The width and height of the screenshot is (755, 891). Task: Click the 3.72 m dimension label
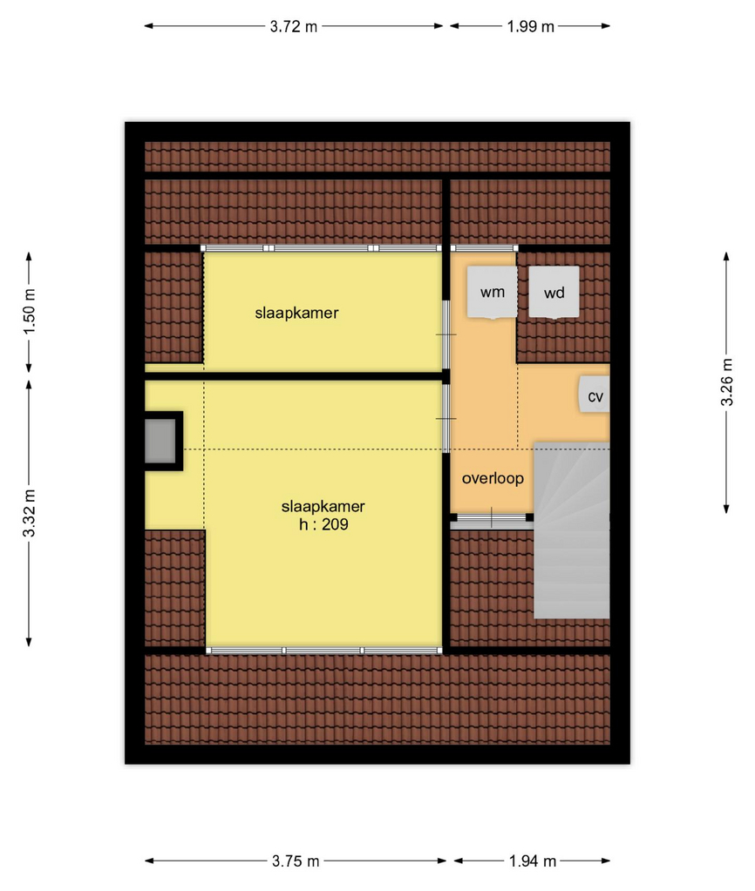pyautogui.click(x=294, y=26)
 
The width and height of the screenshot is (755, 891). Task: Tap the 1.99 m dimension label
pyautogui.click(x=531, y=26)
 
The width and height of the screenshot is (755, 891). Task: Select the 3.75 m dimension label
pyautogui.click(x=296, y=861)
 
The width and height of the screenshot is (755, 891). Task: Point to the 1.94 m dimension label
pyautogui.click(x=533, y=861)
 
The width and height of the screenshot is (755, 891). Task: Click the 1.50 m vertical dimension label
pyautogui.click(x=30, y=312)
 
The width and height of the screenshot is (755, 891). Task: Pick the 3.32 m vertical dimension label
pyautogui.click(x=30, y=513)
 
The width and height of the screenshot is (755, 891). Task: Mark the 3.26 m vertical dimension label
pyautogui.click(x=727, y=382)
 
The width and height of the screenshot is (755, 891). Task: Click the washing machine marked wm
pyautogui.click(x=492, y=292)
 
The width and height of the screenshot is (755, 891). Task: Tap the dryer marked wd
pyautogui.click(x=554, y=292)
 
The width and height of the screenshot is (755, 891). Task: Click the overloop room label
pyautogui.click(x=493, y=478)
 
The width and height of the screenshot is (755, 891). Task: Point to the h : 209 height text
pyautogui.click(x=323, y=524)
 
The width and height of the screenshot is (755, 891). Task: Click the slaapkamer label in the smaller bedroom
pyautogui.click(x=296, y=313)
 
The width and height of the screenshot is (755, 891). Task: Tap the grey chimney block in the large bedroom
pyautogui.click(x=160, y=441)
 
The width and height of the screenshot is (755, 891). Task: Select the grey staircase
pyautogui.click(x=571, y=530)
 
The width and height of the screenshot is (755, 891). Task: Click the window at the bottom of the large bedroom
pyautogui.click(x=323, y=651)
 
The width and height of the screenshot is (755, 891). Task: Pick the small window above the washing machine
pyautogui.click(x=484, y=248)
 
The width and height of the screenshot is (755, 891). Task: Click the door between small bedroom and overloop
pyautogui.click(x=446, y=334)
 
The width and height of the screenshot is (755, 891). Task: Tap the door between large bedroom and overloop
pyautogui.click(x=446, y=418)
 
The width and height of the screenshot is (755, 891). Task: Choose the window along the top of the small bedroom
pyautogui.click(x=322, y=248)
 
